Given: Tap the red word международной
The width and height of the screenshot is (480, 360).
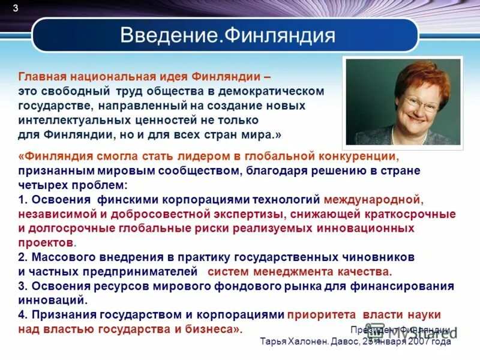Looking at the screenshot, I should tap(374, 199).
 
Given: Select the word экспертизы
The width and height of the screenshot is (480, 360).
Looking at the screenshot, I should tap(247, 214).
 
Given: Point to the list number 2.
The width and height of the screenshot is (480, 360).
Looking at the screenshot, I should tap(22, 257).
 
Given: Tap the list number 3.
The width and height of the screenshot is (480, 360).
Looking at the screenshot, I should tap(22, 286).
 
